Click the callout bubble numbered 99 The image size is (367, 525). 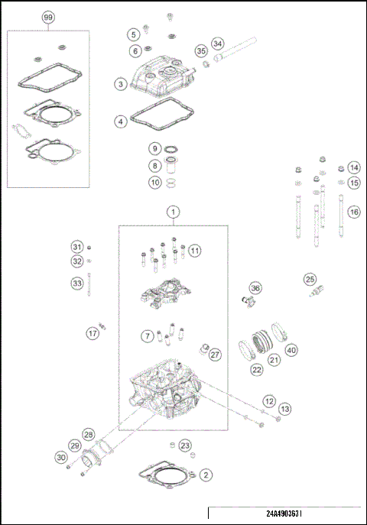(49, 17)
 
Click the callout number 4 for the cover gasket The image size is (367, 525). (121, 122)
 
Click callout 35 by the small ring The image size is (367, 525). (201, 50)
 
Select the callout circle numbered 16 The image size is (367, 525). (352, 212)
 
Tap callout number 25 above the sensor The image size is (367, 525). (310, 279)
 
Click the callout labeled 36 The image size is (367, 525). (255, 288)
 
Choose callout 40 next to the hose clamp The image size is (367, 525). (291, 351)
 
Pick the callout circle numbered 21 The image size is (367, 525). (273, 360)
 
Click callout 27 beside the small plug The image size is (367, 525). (215, 355)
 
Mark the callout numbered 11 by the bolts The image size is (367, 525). (195, 251)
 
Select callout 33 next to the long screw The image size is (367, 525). (76, 284)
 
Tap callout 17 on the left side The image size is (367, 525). (92, 333)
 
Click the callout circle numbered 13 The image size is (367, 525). (284, 410)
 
